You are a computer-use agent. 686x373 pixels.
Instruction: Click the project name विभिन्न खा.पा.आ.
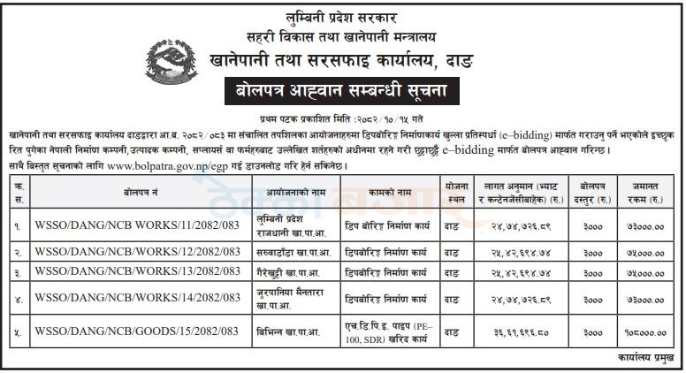click(x=287, y=331)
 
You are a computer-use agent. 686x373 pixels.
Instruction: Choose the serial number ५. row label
click(x=19, y=331)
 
